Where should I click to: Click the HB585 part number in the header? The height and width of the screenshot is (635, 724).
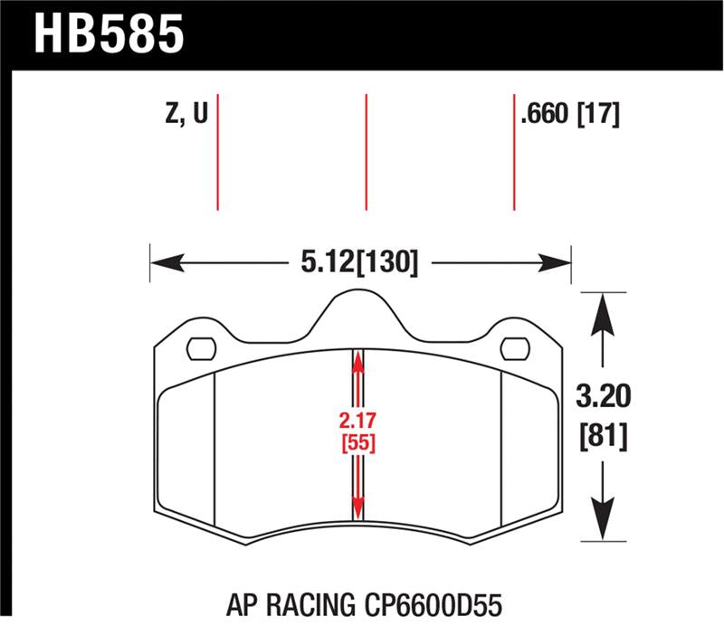(110, 33)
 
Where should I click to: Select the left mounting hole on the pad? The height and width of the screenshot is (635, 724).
(200, 348)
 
